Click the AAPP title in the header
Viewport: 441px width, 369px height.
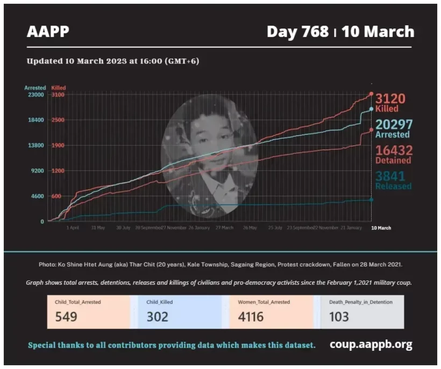click(x=48, y=32)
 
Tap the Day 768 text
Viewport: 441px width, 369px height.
click(x=297, y=32)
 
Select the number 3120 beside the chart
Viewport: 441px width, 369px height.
click(x=390, y=99)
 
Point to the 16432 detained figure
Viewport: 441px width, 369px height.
click(x=393, y=150)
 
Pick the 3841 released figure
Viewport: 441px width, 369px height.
click(x=390, y=176)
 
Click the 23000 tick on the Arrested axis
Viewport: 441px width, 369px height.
click(x=35, y=95)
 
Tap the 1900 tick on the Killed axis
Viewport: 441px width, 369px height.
click(x=58, y=145)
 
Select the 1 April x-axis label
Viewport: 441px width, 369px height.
click(x=73, y=228)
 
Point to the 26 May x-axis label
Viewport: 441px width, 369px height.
click(x=250, y=228)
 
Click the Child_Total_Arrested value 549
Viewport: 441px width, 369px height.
click(x=66, y=316)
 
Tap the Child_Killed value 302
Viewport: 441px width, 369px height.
click(x=157, y=316)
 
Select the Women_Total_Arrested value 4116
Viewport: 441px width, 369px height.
click(x=251, y=316)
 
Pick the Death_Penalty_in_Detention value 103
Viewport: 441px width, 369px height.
click(x=339, y=316)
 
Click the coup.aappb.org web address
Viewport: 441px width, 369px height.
click(x=371, y=344)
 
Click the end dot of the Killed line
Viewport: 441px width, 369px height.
click(x=371, y=94)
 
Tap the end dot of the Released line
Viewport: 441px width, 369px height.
click(x=371, y=200)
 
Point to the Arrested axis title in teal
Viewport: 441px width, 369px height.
click(x=35, y=87)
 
